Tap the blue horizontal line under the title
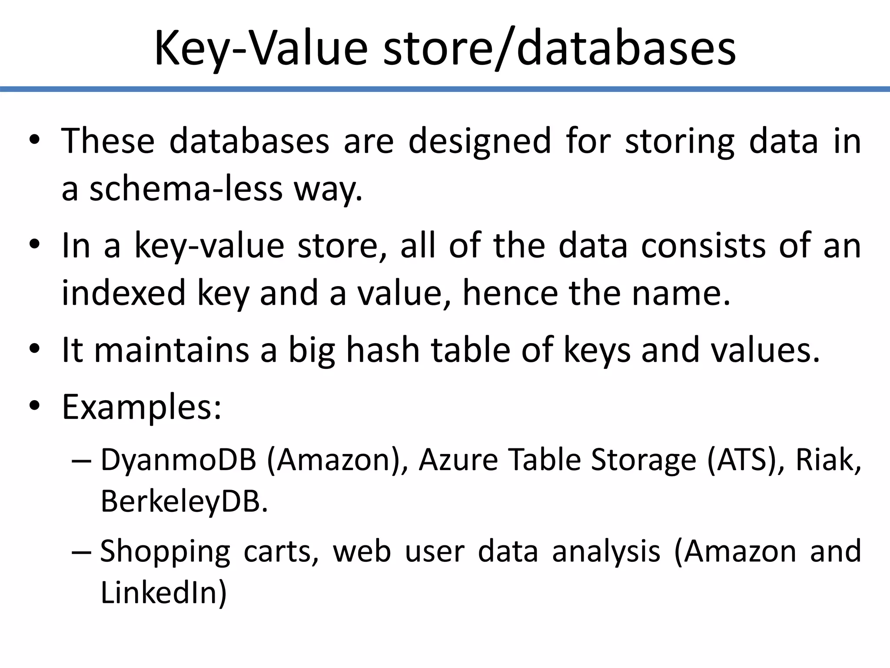click(445, 89)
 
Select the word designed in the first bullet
click(480, 142)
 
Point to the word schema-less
click(186, 189)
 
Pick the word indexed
click(124, 293)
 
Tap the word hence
click(510, 293)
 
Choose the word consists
click(703, 246)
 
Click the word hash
click(382, 350)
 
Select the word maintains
click(171, 350)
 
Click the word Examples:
click(142, 407)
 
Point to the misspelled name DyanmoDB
click(178, 460)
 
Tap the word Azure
click(458, 460)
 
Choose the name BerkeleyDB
click(184, 501)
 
